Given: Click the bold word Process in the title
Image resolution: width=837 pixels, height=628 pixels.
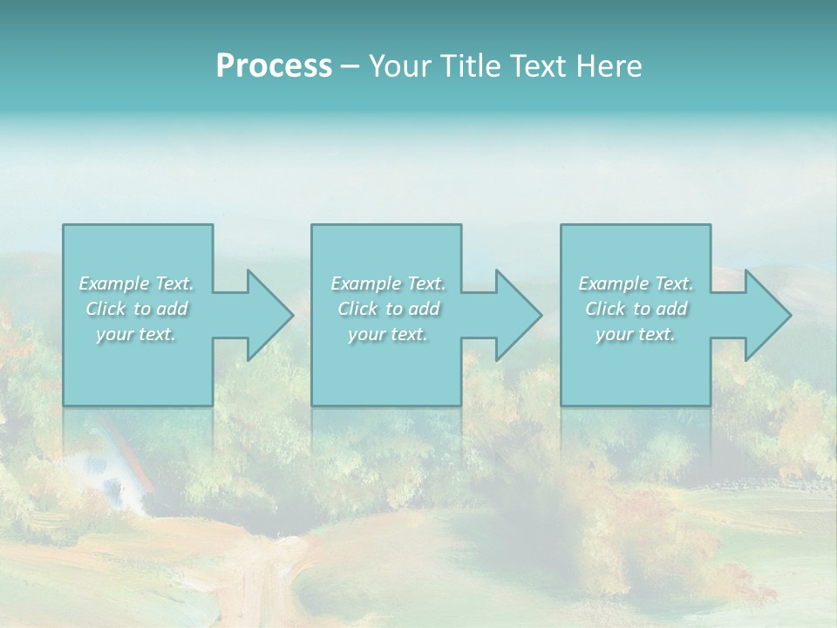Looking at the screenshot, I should pyautogui.click(x=274, y=66).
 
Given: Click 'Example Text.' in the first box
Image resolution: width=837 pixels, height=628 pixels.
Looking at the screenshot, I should pyautogui.click(x=137, y=283).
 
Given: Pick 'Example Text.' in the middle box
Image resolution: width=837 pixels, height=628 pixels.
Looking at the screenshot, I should pyautogui.click(x=388, y=283).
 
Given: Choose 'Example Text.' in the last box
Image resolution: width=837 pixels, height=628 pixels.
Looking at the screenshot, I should pyautogui.click(x=636, y=283).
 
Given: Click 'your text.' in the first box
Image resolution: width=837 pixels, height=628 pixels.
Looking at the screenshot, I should pyautogui.click(x=136, y=334).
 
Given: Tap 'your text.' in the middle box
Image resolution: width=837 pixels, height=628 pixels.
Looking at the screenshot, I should pyautogui.click(x=388, y=334).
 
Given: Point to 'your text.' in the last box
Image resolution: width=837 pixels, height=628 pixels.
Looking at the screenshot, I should pyautogui.click(x=636, y=334).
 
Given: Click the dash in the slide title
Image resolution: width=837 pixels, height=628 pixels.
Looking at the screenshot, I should pyautogui.click(x=350, y=67).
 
